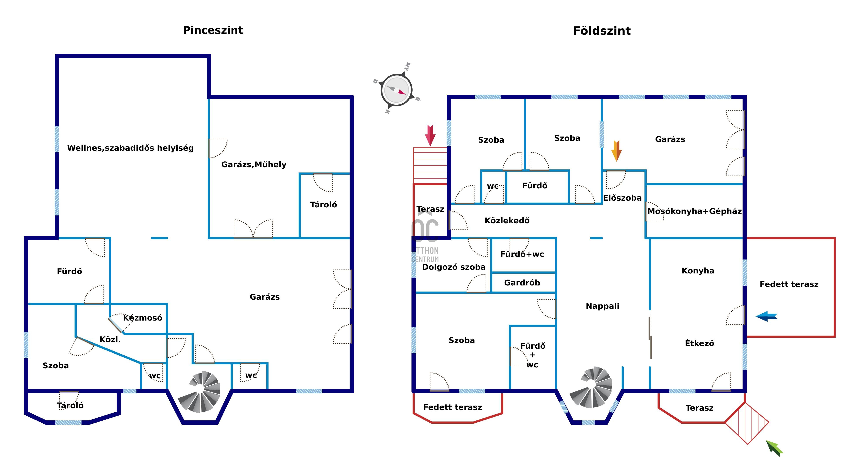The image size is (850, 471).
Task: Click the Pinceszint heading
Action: (213, 30)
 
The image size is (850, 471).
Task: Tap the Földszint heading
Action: (602, 31)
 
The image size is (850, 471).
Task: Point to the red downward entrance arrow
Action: (430, 135)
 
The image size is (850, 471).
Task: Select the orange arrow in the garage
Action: (616, 151)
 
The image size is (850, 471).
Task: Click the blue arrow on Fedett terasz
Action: (766, 316)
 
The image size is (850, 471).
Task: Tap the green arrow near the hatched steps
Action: (774, 448)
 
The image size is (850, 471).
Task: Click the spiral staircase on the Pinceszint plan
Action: (199, 392)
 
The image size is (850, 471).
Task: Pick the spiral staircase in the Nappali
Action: (591, 387)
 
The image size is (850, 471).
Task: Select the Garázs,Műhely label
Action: (254, 164)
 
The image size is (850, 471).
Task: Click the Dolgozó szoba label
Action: (454, 267)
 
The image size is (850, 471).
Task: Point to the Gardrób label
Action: (522, 283)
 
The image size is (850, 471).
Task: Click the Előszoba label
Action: (622, 198)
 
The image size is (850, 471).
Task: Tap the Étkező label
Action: (700, 343)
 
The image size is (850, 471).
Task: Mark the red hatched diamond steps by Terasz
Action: (747, 423)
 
